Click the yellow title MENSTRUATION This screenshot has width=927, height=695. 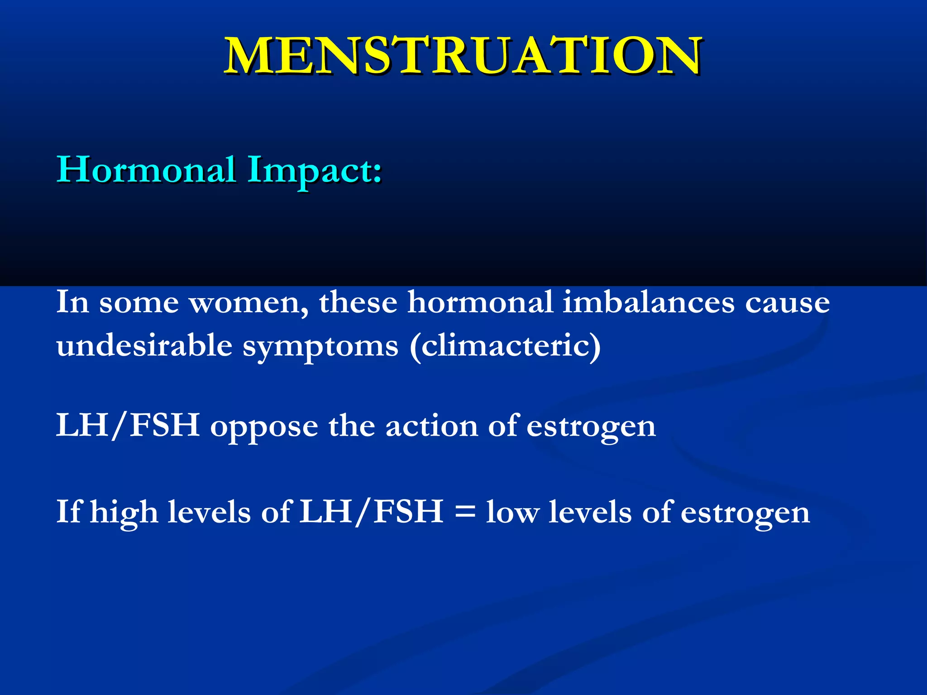463,56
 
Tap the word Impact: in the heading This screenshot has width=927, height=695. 315,170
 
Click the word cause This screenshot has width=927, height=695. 787,302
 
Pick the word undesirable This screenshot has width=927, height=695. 144,346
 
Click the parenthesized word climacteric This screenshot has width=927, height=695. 505,346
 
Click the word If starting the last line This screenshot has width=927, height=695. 69,512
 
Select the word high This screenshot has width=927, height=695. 124,513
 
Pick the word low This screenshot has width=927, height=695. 512,513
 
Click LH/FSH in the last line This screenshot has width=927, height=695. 371,512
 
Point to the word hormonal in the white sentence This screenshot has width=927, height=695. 480,302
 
